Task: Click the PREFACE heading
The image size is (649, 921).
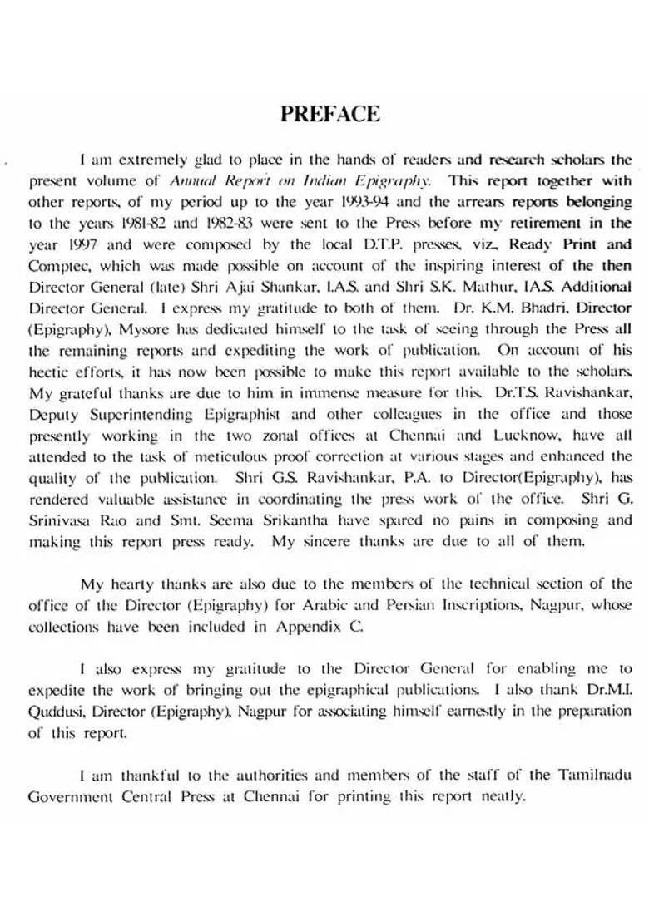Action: point(330,114)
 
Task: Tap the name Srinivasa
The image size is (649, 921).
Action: point(59,520)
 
